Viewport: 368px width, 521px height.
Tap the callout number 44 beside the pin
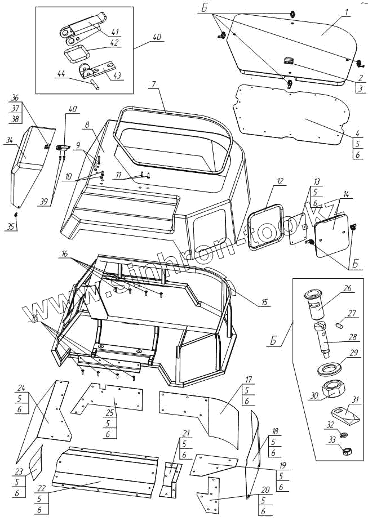tap(60, 73)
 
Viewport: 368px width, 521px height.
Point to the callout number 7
tap(153, 84)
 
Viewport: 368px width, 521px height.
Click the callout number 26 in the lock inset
tap(347, 288)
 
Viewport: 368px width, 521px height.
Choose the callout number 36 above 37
tap(15, 97)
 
